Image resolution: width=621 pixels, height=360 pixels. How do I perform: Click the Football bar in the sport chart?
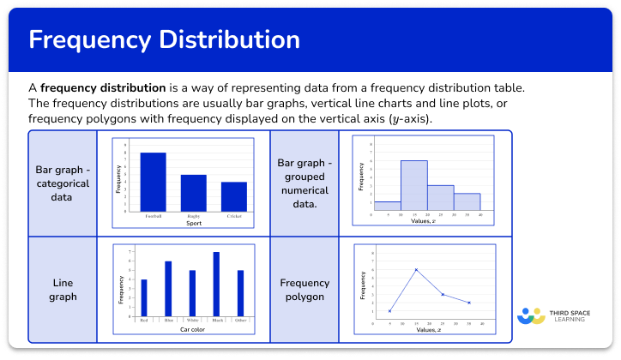point(154,182)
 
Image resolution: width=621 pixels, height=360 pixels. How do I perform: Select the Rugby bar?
point(194,193)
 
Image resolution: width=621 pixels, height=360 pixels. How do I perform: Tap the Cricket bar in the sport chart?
point(234,196)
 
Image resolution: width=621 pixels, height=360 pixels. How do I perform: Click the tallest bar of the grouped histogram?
point(414,185)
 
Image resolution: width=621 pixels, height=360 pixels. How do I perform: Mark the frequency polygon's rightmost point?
point(469,303)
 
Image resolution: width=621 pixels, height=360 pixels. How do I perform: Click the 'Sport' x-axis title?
point(194,223)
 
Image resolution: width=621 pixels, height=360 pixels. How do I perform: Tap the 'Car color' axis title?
point(192,329)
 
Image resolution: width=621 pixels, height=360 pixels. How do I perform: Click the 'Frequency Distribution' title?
point(164,39)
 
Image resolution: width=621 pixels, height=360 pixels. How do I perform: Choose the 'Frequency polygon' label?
point(304,290)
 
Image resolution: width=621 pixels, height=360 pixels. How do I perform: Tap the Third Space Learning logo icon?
point(531,315)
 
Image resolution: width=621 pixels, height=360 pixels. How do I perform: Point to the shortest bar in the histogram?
point(388,206)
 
